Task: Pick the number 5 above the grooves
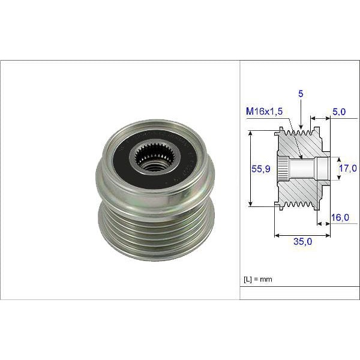pyautogui.click(x=300, y=93)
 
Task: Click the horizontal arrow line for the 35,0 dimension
pyautogui.click(x=302, y=236)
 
